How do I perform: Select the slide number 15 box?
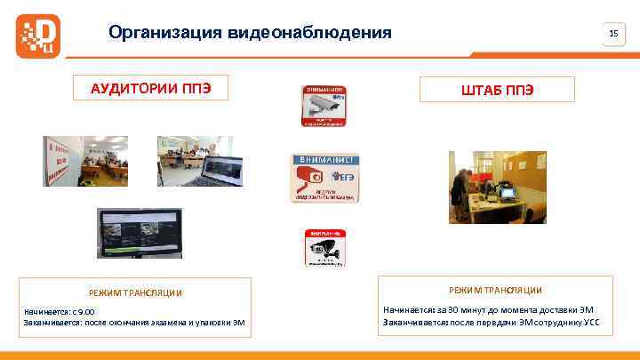(612, 34)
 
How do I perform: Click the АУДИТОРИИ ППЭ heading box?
(149, 88)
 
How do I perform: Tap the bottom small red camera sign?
(325, 250)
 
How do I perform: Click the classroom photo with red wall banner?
(85, 161)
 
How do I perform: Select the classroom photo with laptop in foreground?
(195, 161)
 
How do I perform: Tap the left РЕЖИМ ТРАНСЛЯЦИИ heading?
(136, 292)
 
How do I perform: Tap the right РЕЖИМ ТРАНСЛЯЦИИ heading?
(495, 290)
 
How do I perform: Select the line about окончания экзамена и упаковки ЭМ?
(134, 322)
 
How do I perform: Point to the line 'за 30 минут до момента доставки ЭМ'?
(488, 308)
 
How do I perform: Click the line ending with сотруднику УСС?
(491, 320)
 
